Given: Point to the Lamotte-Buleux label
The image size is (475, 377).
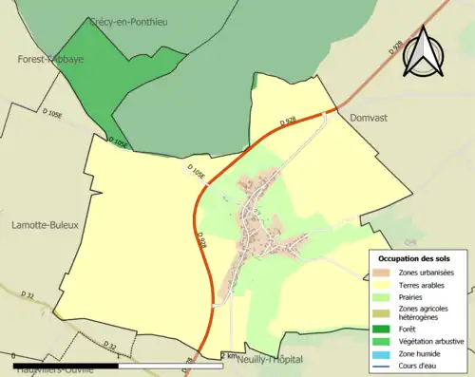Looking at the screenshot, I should coord(45,225).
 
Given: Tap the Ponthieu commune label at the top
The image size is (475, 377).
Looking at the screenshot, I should coord(127,21).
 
